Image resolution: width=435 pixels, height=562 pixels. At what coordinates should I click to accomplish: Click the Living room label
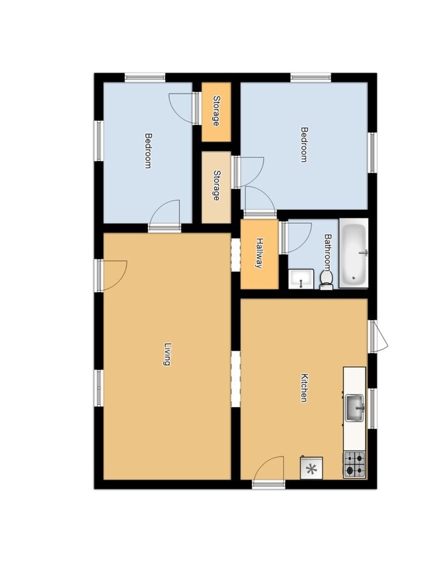tap(167, 354)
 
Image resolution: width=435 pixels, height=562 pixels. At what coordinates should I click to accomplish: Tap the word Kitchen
tap(304, 388)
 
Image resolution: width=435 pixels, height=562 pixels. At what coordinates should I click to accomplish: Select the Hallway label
tap(260, 253)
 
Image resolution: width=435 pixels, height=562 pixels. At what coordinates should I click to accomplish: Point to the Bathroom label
tap(328, 252)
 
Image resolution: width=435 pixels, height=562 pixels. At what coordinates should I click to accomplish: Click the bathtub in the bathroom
tap(353, 253)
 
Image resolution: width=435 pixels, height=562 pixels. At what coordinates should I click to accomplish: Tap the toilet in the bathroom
tap(327, 280)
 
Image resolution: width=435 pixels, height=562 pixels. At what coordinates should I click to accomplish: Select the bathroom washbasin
tap(300, 279)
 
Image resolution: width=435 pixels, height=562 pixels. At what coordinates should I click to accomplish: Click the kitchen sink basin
tap(355, 408)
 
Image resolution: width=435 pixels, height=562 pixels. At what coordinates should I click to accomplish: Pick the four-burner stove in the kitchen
tap(355, 464)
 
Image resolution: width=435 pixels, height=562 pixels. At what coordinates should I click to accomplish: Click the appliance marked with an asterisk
tap(311, 467)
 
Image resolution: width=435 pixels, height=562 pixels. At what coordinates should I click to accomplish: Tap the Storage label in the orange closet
tap(216, 111)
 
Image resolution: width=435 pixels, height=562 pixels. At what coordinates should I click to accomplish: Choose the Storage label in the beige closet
tap(216, 185)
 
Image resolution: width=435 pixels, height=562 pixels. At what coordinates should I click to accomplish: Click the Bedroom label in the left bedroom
tap(148, 150)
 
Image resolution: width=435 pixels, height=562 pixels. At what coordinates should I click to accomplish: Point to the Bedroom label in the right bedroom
tap(304, 145)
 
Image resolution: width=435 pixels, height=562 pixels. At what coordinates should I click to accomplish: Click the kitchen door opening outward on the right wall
tap(380, 336)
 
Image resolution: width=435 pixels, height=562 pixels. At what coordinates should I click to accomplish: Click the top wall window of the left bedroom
tap(145, 78)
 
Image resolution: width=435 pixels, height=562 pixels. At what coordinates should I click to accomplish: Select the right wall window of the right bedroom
tap(373, 152)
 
